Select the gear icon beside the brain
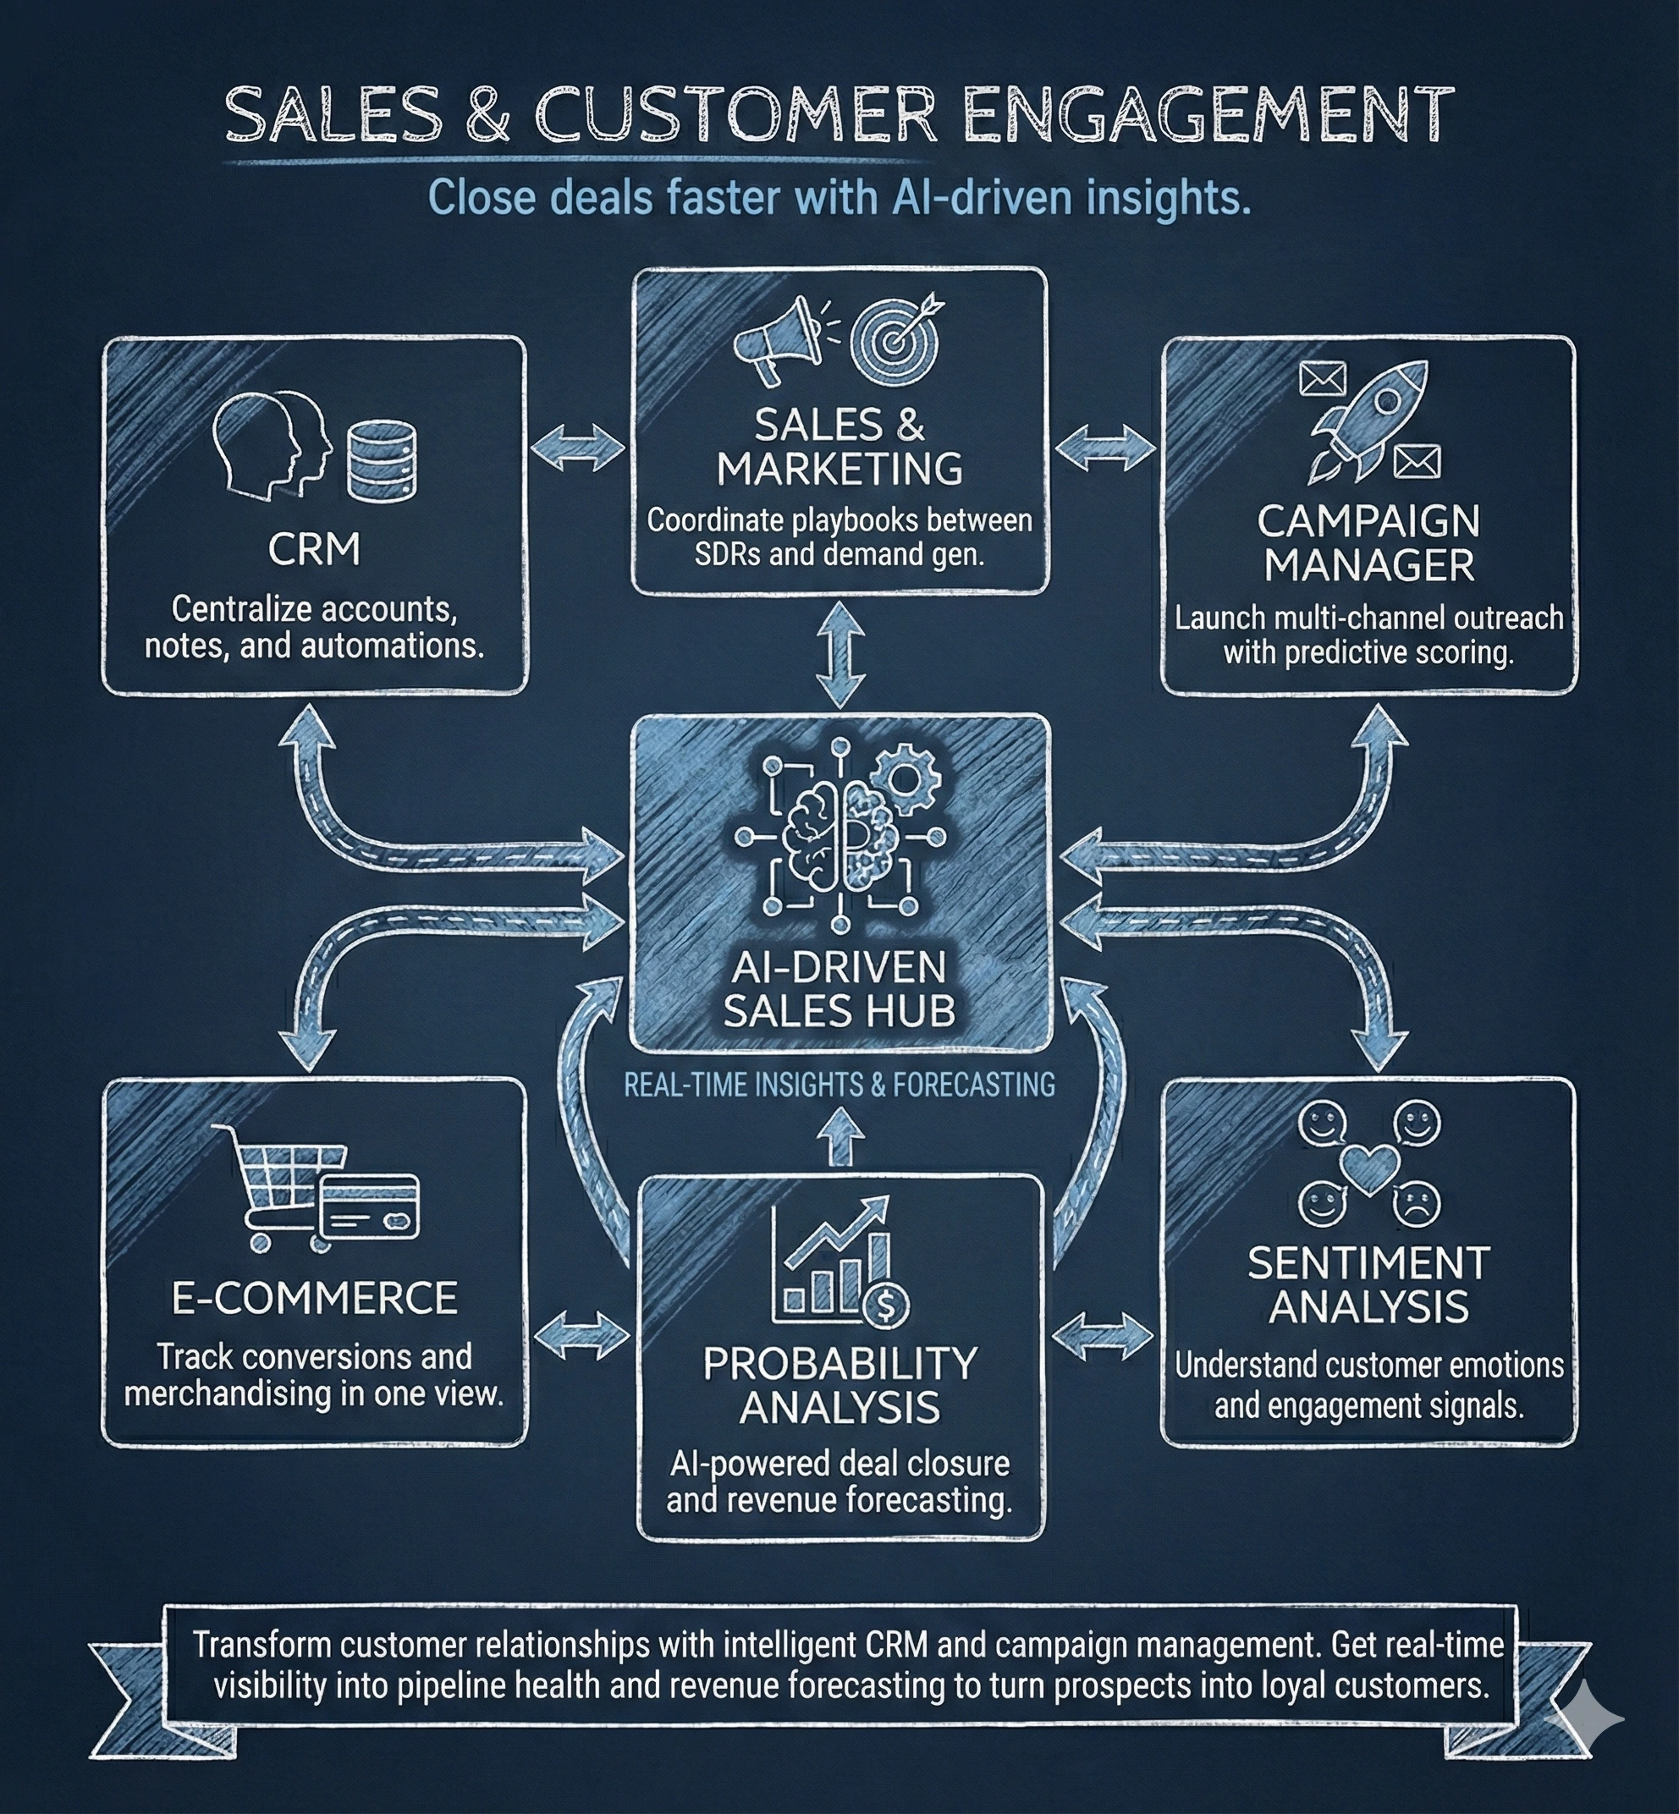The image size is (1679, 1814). tap(904, 778)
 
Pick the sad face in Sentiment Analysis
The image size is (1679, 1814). tap(1418, 1206)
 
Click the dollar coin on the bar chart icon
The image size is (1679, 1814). tap(886, 1306)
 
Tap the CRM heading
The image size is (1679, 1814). tap(314, 550)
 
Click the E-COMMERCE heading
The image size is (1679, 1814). tap(314, 1298)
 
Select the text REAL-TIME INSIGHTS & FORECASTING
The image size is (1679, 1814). tap(839, 1085)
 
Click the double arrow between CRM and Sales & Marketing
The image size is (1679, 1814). tap(578, 448)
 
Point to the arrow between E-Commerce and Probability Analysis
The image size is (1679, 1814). tap(581, 1336)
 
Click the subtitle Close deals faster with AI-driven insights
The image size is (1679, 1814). tap(839, 198)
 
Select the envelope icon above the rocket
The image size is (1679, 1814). tap(1323, 378)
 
